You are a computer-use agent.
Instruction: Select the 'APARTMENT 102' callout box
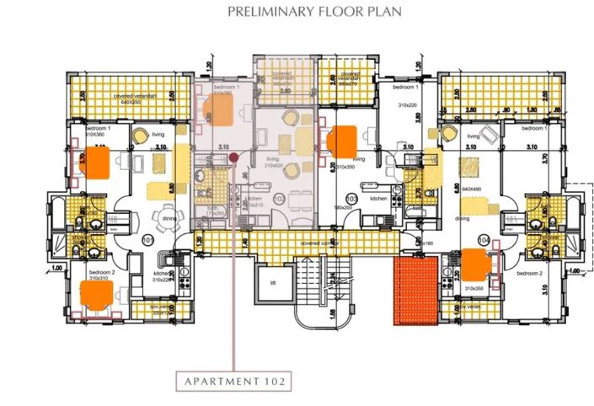pyautogui.click(x=234, y=381)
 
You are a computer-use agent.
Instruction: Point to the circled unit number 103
pyautogui.click(x=352, y=199)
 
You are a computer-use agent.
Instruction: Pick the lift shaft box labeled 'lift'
pyautogui.click(x=273, y=282)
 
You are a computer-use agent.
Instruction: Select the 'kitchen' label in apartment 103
pyautogui.click(x=377, y=198)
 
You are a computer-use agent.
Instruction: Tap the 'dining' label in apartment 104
pyautogui.click(x=463, y=217)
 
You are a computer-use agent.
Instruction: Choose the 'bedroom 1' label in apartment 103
pyautogui.click(x=407, y=88)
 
